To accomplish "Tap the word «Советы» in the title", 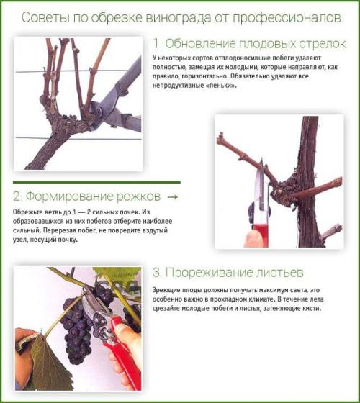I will coord(45,17).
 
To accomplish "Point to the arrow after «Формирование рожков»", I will coord(173,196).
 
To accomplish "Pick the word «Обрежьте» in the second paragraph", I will coord(29,213).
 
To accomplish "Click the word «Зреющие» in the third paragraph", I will coord(168,290).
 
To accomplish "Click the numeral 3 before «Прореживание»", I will coord(157,273).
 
